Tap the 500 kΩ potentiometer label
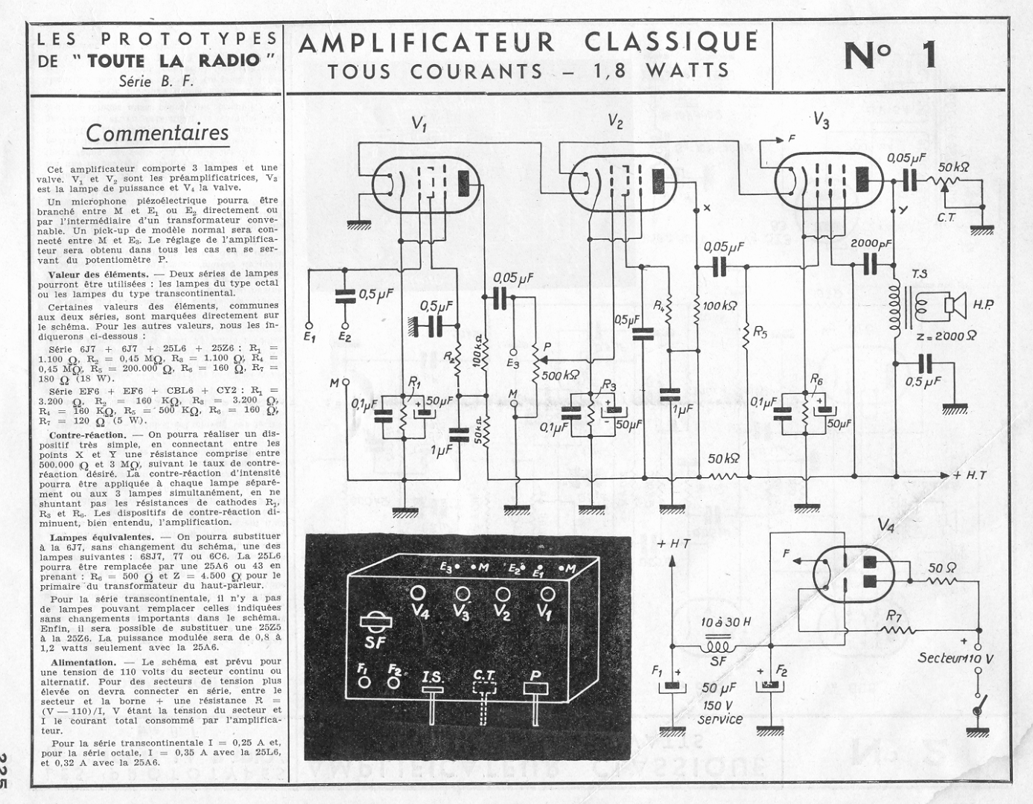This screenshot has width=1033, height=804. [561, 375]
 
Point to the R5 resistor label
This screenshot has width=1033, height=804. [760, 332]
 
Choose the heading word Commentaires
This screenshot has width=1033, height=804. [157, 133]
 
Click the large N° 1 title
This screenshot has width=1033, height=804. [890, 56]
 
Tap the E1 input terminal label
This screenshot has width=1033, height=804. [310, 336]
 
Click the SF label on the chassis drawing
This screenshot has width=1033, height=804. [375, 642]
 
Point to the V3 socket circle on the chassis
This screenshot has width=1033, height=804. [463, 593]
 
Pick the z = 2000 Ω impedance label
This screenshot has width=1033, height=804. [947, 335]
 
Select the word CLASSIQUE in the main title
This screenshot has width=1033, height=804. [671, 42]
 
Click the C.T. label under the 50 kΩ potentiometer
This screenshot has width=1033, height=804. [947, 217]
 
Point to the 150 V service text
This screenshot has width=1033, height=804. [720, 712]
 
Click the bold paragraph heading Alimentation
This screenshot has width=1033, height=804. [82, 662]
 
